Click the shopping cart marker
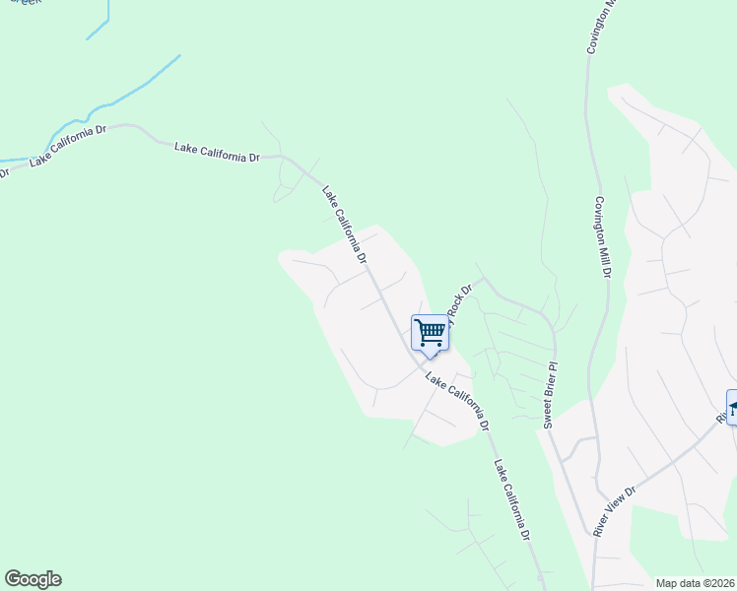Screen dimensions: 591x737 [x=430, y=333]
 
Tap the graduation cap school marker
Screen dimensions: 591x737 [x=732, y=405]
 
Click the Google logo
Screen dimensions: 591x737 [x=33, y=579]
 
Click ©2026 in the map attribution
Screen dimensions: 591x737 [x=720, y=583]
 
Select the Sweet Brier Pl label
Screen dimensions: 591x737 [x=551, y=393]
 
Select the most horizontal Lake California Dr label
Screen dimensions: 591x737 [x=217, y=152]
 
